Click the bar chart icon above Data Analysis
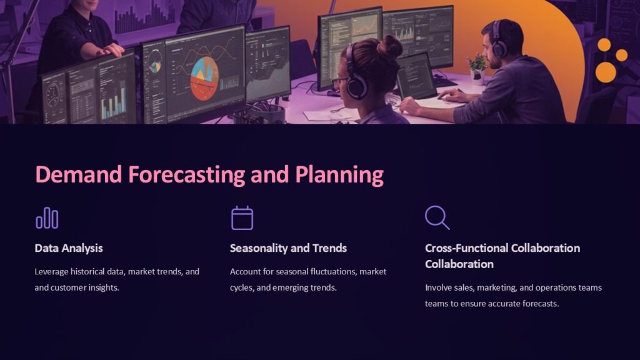[x=47, y=218]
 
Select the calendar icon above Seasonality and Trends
[x=242, y=218]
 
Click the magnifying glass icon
[x=437, y=217]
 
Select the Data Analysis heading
[x=69, y=248]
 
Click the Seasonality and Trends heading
[x=288, y=248]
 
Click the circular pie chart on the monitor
[x=204, y=78]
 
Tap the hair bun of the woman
[x=390, y=46]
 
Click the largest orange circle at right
[x=605, y=72]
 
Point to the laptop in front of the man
[x=417, y=76]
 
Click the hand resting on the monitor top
[x=112, y=50]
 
